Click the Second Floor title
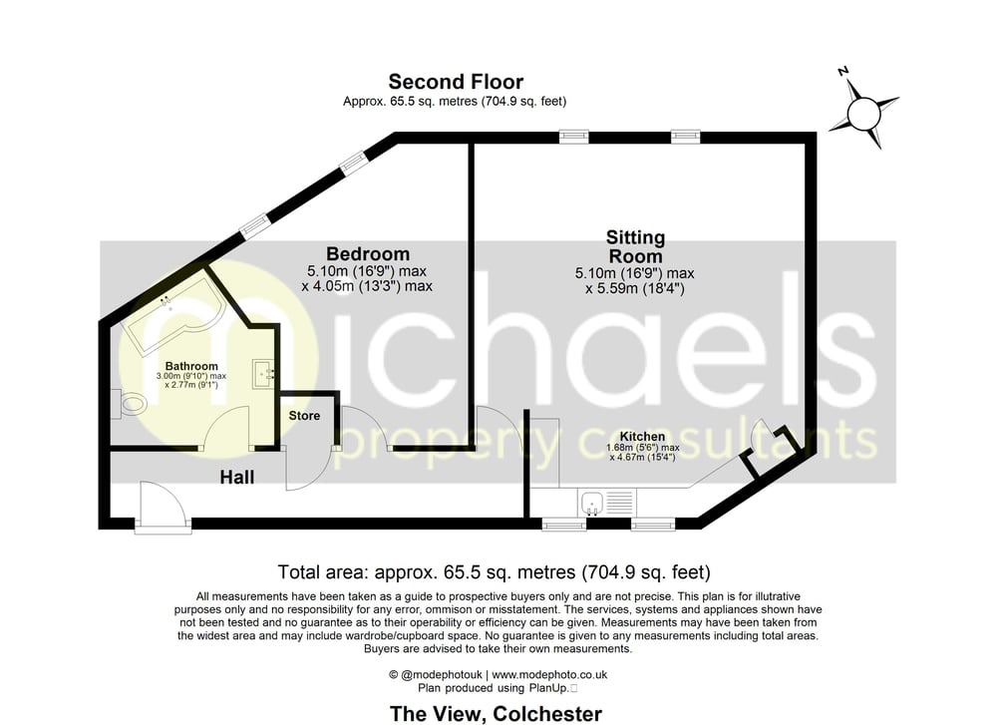(456, 82)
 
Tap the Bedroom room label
(368, 253)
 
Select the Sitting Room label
(635, 246)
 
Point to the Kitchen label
(642, 436)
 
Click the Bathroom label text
(191, 366)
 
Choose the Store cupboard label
(304, 416)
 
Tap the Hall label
(237, 477)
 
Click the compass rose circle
(863, 115)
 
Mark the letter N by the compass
(843, 71)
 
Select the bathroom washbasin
(263, 374)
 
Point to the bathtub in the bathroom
(173, 311)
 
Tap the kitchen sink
(591, 503)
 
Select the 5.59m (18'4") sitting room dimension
(634, 289)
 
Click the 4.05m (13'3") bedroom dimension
(367, 286)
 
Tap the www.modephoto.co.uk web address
(549, 675)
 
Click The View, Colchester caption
(496, 714)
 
